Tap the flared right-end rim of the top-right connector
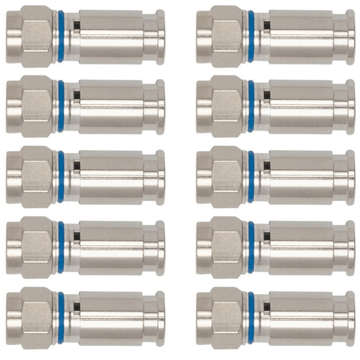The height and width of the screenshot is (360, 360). click(351, 28)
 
